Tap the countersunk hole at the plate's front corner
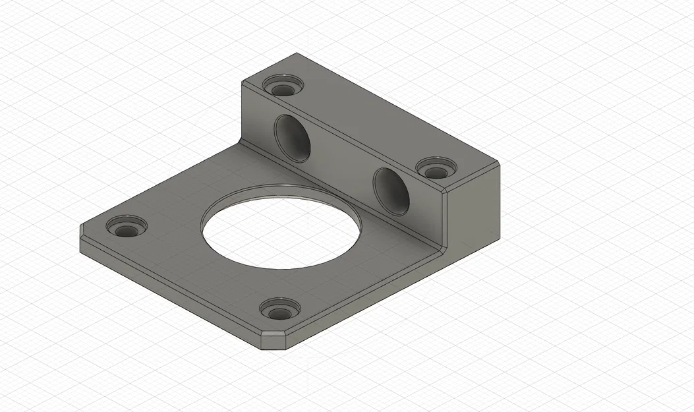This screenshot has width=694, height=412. tap(279, 309)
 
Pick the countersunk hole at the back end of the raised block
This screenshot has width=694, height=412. tap(283, 86)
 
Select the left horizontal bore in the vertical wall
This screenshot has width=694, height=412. tap(292, 138)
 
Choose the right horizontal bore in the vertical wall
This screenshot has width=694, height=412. tap(391, 191)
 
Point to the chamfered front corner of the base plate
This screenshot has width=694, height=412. tap(274, 341)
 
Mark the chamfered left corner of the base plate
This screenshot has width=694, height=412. tap(82, 231)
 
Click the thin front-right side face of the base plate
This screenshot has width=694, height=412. tap(362, 297)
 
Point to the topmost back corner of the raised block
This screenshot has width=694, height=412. tap(297, 53)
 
